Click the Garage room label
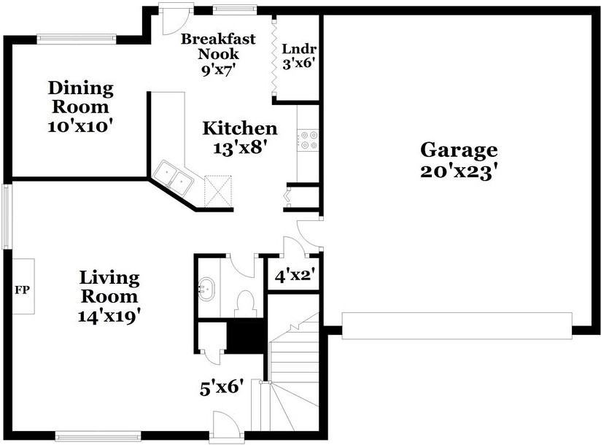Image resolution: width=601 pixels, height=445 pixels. point(459,150)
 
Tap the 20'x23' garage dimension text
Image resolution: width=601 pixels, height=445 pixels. point(459,171)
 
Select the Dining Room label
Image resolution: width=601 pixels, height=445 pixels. point(81,98)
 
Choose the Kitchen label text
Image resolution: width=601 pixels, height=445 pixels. point(239,129)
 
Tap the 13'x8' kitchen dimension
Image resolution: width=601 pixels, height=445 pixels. point(239,147)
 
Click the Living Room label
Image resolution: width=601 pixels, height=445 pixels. point(109,287)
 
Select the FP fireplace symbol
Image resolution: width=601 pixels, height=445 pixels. point(22,290)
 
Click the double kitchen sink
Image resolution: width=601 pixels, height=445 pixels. point(174,177)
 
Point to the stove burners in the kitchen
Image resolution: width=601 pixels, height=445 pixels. point(308,139)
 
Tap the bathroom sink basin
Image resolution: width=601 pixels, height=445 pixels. point(206,290)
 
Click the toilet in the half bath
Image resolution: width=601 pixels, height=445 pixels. point(246,302)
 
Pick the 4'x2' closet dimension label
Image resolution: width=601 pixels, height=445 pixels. point(294,276)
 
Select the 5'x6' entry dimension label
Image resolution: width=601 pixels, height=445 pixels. point(222,387)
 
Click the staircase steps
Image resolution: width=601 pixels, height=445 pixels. point(294,365)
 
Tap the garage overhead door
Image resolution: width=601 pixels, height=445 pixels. point(457,325)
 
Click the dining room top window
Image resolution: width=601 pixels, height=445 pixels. point(77,37)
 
